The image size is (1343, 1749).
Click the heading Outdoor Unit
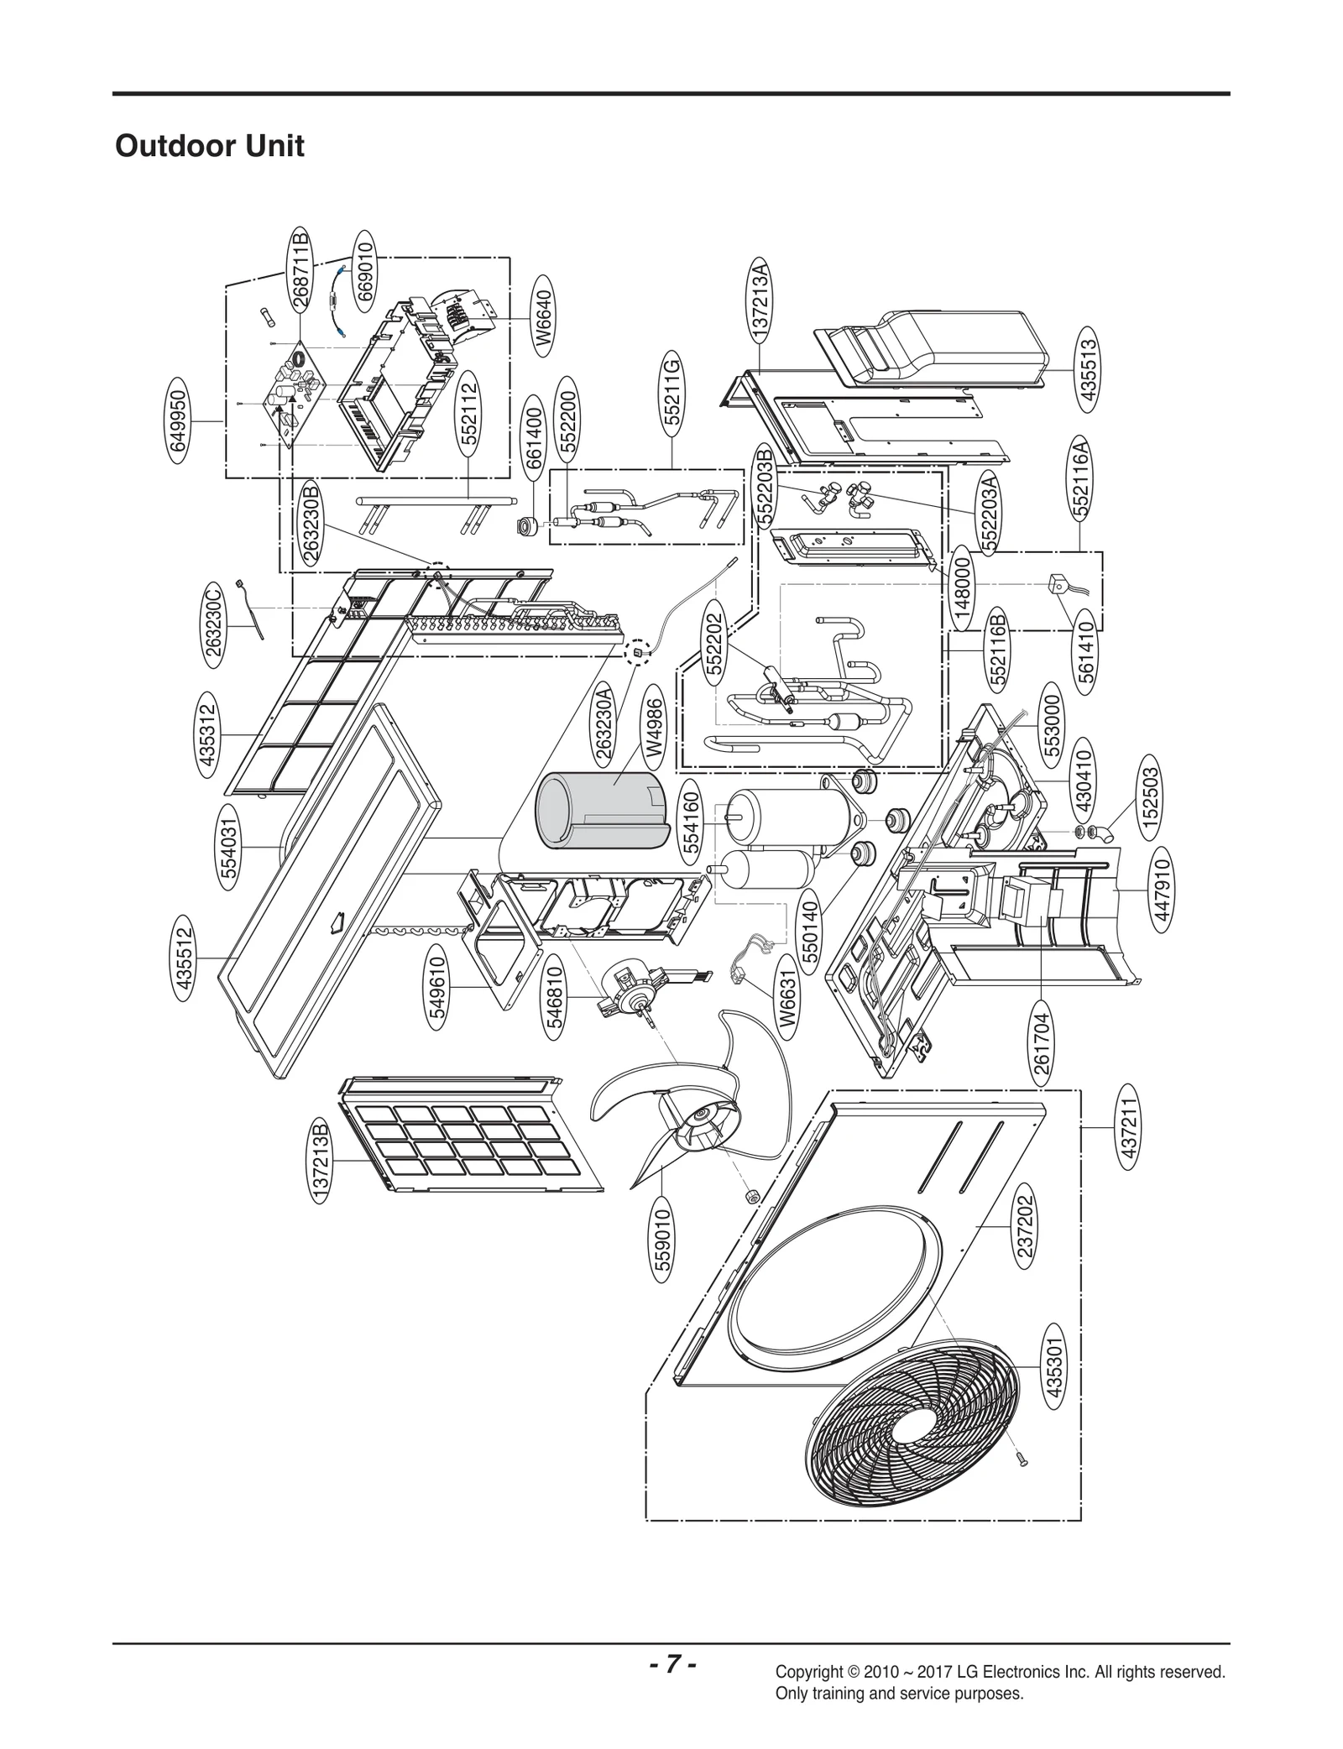210,146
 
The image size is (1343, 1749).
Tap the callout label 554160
692,817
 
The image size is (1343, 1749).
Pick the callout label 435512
185,958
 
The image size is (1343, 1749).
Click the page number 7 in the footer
671,1661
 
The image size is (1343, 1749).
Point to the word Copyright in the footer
810,1672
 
